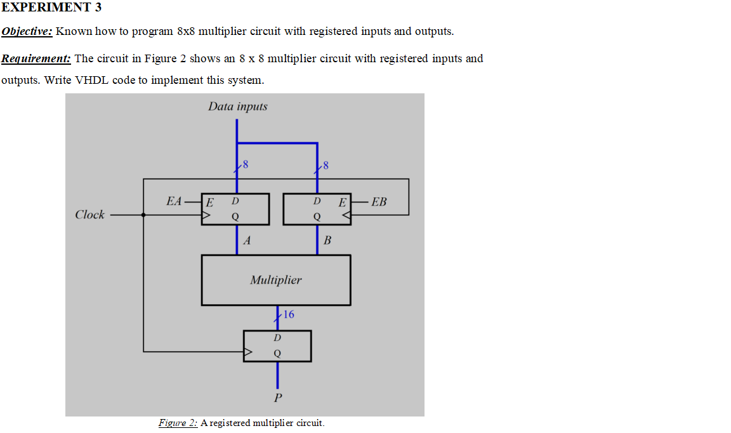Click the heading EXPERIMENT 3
point(51,8)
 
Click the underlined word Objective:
point(27,31)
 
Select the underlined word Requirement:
point(36,58)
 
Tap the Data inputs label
point(237,107)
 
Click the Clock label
point(89,215)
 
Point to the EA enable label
point(173,201)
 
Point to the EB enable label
point(379,202)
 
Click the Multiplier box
point(275,280)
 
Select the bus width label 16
point(289,314)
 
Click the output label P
point(277,399)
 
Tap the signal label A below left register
point(247,241)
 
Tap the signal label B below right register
point(327,241)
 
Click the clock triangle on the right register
point(345,215)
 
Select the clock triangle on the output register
point(249,351)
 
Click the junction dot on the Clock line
point(143,215)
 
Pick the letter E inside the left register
point(210,203)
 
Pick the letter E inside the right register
point(342,203)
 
